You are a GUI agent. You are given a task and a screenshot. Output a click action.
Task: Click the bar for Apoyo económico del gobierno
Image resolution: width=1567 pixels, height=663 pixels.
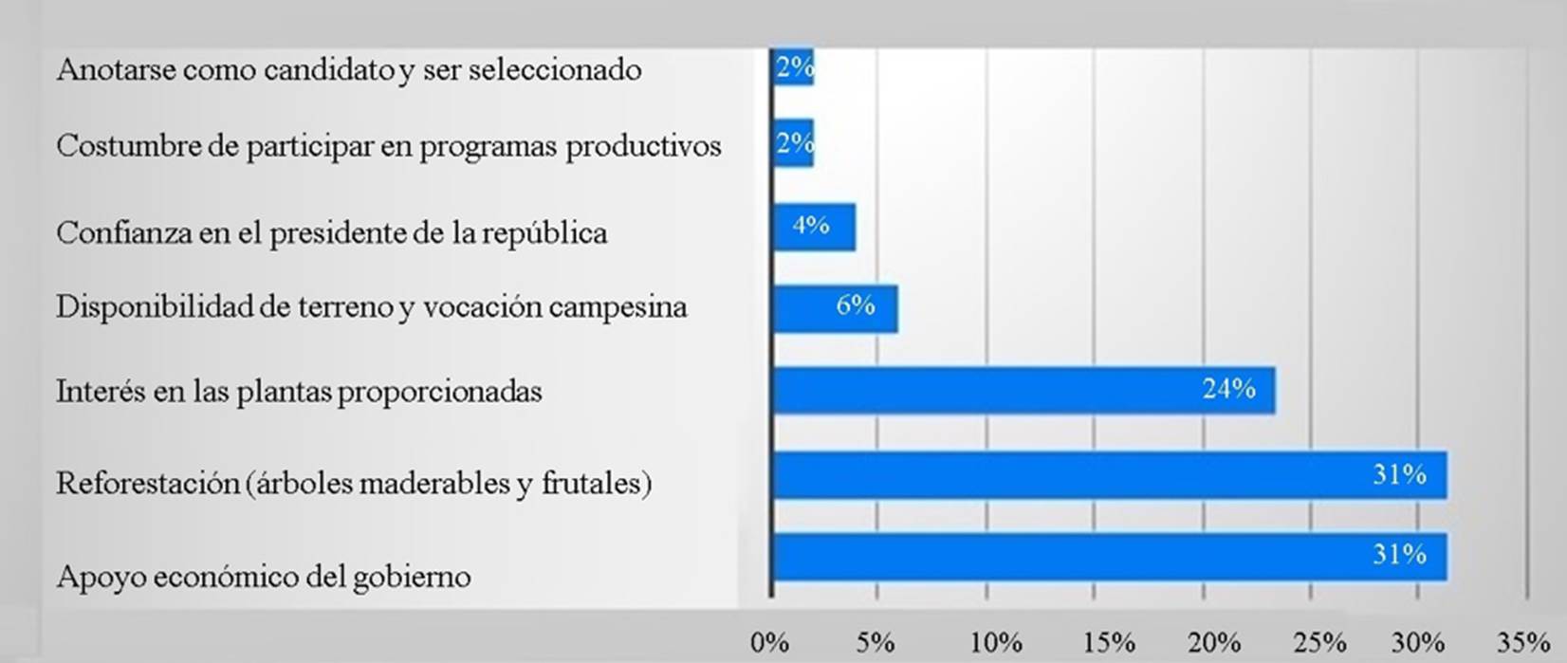coord(1110,557)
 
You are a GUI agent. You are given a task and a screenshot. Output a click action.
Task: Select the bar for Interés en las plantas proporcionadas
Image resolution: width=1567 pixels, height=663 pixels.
coord(1024,390)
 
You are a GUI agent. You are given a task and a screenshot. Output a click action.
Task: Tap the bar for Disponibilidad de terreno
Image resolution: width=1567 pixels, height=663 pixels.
coord(835,307)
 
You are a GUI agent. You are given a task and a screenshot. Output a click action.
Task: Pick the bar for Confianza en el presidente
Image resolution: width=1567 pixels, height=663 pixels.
coord(814,227)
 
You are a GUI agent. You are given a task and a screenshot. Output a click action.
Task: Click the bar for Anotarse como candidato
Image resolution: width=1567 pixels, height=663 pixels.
coord(794,66)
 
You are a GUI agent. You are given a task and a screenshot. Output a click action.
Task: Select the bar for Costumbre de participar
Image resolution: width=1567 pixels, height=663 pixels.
coord(794,143)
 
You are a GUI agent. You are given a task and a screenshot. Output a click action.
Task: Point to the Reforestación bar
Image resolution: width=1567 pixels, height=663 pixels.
coord(1110,475)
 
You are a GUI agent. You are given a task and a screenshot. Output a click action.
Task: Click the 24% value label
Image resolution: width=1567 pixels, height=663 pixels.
coord(1228,389)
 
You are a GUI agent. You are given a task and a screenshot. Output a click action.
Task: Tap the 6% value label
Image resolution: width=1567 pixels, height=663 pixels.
coord(855,305)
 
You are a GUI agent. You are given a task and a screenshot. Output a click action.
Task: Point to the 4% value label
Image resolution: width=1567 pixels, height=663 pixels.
coord(811,226)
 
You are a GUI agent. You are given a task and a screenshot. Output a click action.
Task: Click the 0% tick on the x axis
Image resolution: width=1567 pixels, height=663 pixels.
coord(769,643)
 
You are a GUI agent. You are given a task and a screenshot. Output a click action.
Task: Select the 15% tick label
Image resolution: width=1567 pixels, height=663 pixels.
coord(1108,643)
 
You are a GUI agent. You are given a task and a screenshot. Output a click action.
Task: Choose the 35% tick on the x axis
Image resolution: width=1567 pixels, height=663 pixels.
coord(1523,643)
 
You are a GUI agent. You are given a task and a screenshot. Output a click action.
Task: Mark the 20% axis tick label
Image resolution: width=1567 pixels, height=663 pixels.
coord(1215,643)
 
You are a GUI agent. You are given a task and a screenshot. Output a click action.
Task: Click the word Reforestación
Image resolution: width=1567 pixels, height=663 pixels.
coord(148,483)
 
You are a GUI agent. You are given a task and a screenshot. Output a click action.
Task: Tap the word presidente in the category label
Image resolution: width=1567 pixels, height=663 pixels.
coord(338,233)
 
